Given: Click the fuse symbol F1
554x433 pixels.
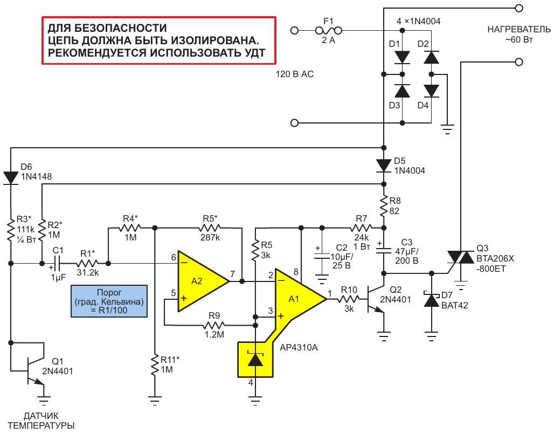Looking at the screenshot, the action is pyautogui.click(x=329, y=31).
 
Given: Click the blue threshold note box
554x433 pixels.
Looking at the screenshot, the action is pyautogui.click(x=109, y=301).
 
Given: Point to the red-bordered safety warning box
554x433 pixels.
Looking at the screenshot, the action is pyautogui.click(x=159, y=40).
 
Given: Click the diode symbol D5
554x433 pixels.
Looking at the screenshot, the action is pyautogui.click(x=384, y=166).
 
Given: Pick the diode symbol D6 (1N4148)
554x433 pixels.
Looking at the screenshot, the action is pyautogui.click(x=11, y=177).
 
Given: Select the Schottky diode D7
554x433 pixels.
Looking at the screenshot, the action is pyautogui.click(x=431, y=300).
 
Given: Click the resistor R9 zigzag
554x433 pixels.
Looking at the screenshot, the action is pyautogui.click(x=214, y=325).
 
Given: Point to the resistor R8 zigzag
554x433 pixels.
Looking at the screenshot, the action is pyautogui.click(x=384, y=206).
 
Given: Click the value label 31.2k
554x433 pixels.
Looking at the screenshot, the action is pyautogui.click(x=88, y=272).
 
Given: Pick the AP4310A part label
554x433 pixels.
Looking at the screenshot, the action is pyautogui.click(x=299, y=347).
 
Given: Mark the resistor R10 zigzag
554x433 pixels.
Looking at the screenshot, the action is pyautogui.click(x=348, y=299).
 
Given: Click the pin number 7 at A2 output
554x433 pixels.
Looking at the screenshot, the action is pyautogui.click(x=232, y=274).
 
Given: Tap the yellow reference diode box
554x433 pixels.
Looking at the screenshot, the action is pyautogui.click(x=255, y=360).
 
